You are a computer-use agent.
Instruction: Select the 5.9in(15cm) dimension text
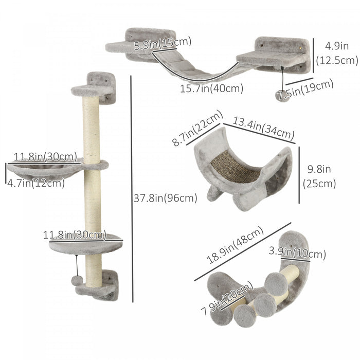(163, 43)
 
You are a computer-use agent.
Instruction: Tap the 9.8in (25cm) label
(319, 176)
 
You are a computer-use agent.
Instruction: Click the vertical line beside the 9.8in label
(299, 176)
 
